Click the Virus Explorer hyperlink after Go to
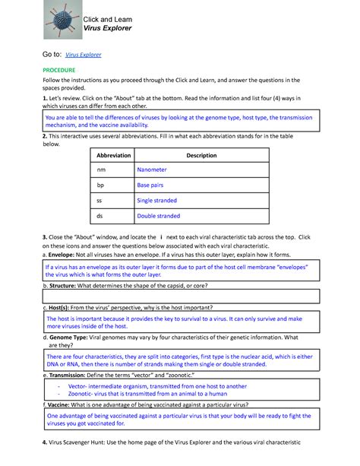(x=84, y=55)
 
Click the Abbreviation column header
(x=110, y=155)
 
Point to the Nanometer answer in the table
(x=152, y=170)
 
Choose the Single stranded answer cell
(x=157, y=201)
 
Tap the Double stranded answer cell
(x=159, y=216)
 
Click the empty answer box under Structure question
(x=180, y=296)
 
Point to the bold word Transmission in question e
(x=71, y=376)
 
